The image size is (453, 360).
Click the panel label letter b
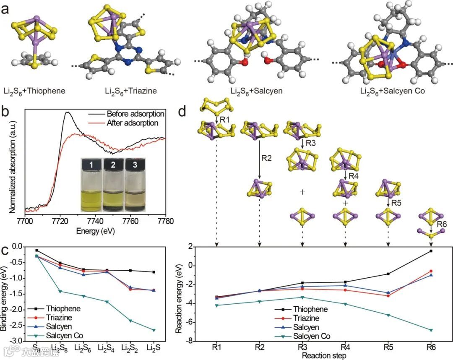[x=5, y=112]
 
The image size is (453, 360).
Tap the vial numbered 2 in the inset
[x=114, y=185]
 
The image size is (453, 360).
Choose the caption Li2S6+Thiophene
[x=36, y=90]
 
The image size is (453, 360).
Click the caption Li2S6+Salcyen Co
[x=393, y=90]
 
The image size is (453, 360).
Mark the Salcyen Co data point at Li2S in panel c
[x=154, y=330]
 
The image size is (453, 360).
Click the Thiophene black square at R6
[x=431, y=251]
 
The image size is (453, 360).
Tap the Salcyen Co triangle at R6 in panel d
[x=431, y=330]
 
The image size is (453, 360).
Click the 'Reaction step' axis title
[x=324, y=356]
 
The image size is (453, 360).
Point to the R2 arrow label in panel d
[x=267, y=158]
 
